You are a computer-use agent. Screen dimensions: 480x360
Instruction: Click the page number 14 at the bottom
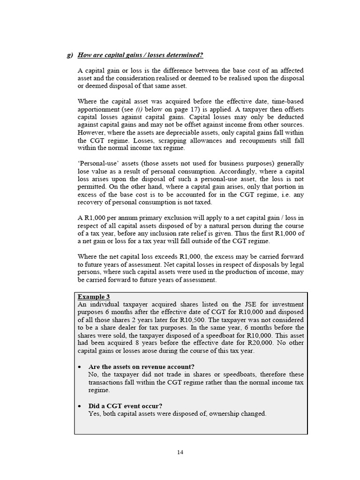[180, 452]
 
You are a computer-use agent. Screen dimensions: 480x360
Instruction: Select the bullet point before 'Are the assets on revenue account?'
[81, 367]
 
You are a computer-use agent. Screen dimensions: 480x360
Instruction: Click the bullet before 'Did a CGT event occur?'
[81, 406]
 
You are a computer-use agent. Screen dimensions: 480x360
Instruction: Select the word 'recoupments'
[255, 140]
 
